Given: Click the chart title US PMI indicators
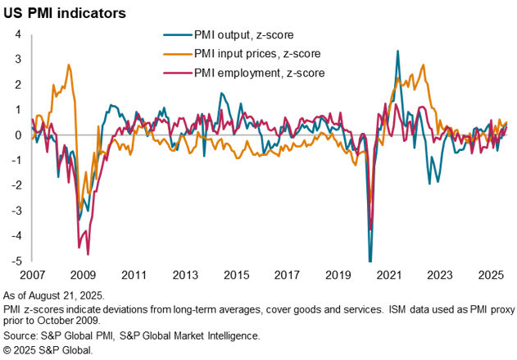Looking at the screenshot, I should [68, 14].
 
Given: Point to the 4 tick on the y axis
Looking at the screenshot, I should [18, 34].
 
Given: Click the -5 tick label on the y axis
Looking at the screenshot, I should [16, 262].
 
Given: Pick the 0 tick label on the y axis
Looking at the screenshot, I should [18, 135].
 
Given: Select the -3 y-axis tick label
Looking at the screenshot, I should [16, 212].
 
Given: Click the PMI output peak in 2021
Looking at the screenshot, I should [397, 51].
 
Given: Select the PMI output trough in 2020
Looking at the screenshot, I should [370, 261].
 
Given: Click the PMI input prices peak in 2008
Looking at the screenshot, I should [69, 64].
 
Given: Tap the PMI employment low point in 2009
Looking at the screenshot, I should [88, 254].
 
